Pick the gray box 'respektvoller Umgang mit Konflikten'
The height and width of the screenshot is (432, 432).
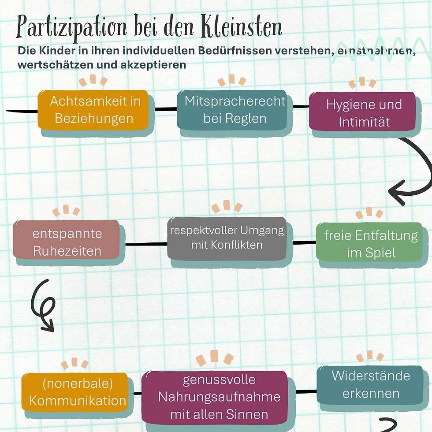pyautogui.click(x=227, y=238)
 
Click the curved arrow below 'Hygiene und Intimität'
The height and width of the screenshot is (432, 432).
pyautogui.click(x=414, y=172)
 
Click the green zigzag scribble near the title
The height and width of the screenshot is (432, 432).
pyautogui.click(x=379, y=53)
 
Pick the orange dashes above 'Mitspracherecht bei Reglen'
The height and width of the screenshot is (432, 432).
pyautogui.click(x=232, y=81)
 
